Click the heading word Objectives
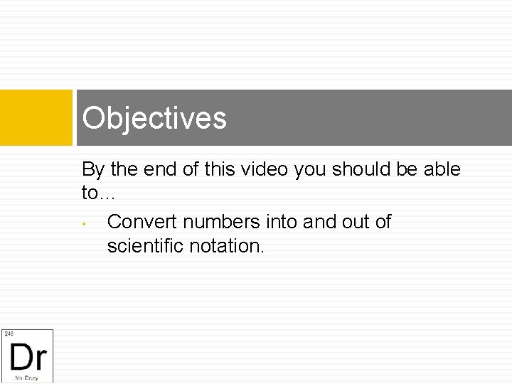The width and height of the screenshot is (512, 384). (154, 118)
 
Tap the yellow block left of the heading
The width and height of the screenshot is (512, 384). (36, 117)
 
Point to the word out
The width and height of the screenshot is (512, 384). (355, 222)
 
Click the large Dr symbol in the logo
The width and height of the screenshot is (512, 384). (28, 355)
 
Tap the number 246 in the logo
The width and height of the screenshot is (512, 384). (9, 334)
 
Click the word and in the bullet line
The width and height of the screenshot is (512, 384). (317, 222)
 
